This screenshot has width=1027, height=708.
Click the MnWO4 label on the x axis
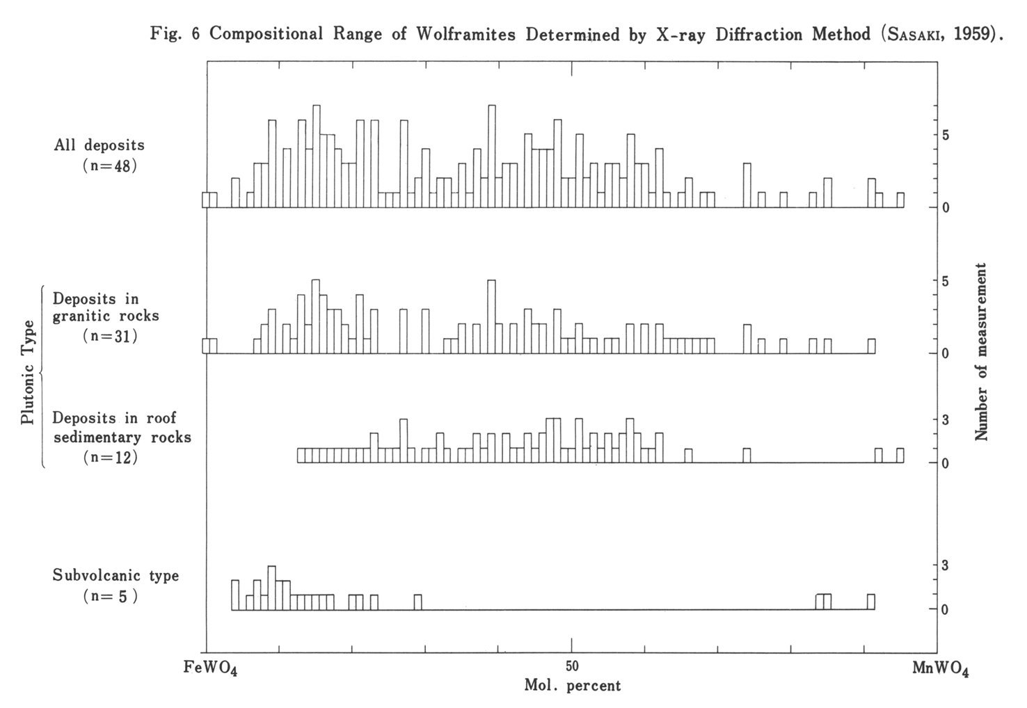(x=941, y=668)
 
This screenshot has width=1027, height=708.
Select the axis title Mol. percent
(x=572, y=686)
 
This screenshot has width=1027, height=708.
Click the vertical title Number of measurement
(x=982, y=351)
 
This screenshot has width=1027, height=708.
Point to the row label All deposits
(x=99, y=145)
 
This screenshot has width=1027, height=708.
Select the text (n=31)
(x=109, y=336)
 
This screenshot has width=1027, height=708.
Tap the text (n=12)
(x=109, y=457)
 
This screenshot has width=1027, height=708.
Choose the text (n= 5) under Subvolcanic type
(x=109, y=596)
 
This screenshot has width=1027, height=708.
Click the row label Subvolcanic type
(x=116, y=576)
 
